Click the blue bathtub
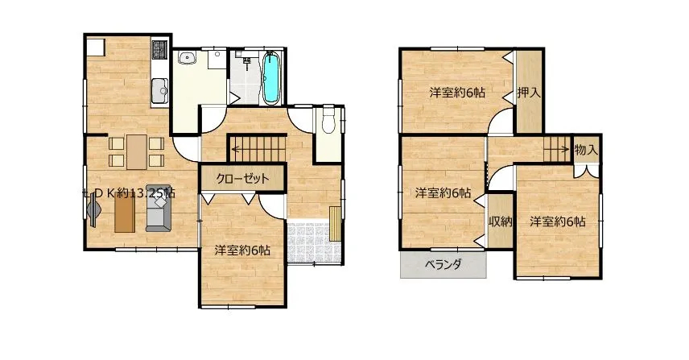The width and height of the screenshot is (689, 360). (271, 78)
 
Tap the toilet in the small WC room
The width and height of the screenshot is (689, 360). (328, 119)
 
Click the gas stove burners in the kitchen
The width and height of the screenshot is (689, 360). (159, 49)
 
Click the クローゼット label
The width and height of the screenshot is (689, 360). (242, 179)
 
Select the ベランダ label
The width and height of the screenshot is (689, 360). (443, 265)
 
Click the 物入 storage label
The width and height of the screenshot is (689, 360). (586, 150)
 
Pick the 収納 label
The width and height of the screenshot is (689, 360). (501, 221)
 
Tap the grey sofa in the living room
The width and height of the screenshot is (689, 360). (159, 208)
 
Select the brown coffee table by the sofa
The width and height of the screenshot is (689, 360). (125, 213)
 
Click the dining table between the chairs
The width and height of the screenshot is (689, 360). (137, 151)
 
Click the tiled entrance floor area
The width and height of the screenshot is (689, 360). (314, 242)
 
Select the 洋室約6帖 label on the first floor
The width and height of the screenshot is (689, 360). (242, 250)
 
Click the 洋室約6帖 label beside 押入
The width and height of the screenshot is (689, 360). (457, 93)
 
